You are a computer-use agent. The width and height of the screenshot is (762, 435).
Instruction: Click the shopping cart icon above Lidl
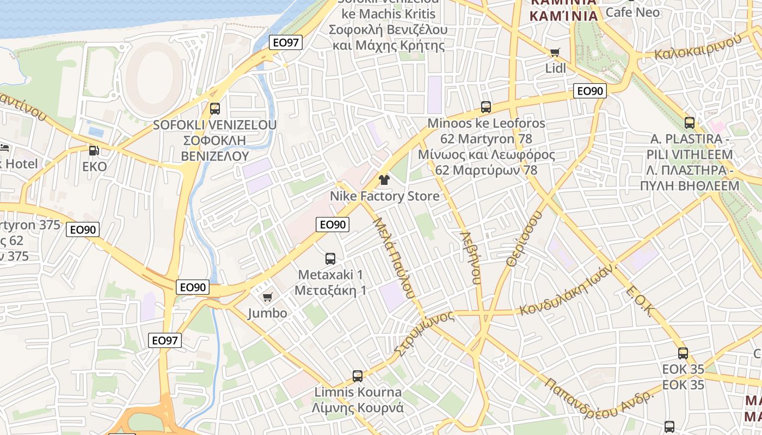coord(555,53)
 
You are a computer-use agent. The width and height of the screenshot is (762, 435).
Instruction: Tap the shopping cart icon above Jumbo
coord(267,297)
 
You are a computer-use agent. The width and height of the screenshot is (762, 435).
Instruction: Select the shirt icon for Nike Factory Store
coord(384,180)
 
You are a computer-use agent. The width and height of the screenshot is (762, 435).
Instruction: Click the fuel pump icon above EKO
coord(94,150)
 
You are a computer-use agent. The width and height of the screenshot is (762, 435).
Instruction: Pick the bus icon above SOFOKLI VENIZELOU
coord(215,108)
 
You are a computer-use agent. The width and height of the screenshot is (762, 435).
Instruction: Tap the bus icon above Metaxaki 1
coord(330,258)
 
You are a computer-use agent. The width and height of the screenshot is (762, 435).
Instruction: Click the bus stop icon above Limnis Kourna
coord(358,376)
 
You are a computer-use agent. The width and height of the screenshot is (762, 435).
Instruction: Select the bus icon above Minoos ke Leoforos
coord(486,107)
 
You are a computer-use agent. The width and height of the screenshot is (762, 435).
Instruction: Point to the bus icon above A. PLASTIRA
coord(690,123)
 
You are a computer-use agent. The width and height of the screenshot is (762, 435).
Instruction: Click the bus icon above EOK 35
coord(683,353)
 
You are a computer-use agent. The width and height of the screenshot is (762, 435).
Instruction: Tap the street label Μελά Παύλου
coord(394,258)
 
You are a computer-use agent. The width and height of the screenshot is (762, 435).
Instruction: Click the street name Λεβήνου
coord(471,258)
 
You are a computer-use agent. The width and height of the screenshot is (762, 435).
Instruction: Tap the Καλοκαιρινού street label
coord(698,46)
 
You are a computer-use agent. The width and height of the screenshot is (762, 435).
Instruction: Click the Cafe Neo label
coord(632,12)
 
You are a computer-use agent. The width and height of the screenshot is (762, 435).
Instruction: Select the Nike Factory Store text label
coord(384,196)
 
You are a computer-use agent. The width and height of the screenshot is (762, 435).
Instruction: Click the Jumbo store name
coord(267,313)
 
